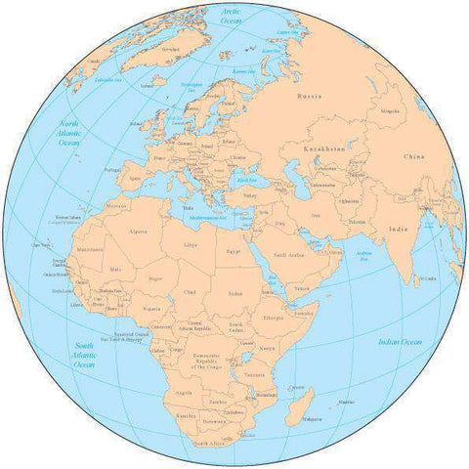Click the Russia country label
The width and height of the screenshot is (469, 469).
point(309,97)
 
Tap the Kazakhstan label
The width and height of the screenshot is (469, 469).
point(328,147)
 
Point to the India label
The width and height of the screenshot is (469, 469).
point(398,229)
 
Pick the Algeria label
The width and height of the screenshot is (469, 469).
point(139,232)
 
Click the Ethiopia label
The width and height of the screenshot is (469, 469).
point(274,318)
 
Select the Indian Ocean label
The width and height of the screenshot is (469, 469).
point(400,341)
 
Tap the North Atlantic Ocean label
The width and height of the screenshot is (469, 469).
point(69,133)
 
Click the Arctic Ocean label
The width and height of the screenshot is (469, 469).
point(231,15)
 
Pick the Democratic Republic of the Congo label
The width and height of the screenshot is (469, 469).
point(210,361)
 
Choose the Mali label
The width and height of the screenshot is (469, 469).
point(116,269)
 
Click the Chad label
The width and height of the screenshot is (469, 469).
point(190,291)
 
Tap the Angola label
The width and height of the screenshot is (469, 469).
point(183,393)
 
